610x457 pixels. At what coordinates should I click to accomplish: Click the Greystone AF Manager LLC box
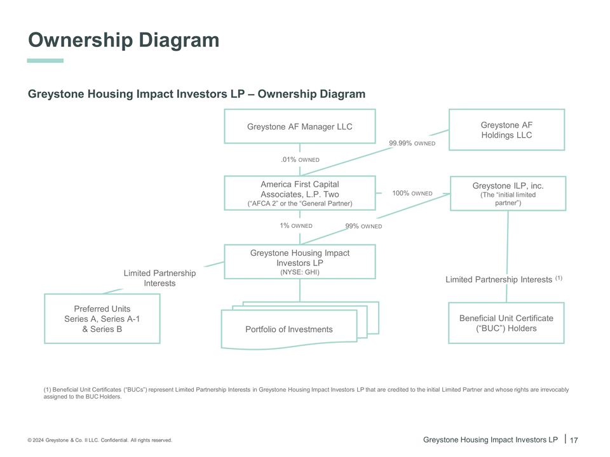click(x=299, y=126)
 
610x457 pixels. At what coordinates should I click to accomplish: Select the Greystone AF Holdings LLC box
click(x=506, y=130)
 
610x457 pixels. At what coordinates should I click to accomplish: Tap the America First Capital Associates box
click(x=299, y=193)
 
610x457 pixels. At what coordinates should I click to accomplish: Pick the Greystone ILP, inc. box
click(x=508, y=194)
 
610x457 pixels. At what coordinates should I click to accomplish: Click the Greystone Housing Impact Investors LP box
click(x=299, y=262)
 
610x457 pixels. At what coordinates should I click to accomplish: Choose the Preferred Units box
click(x=102, y=319)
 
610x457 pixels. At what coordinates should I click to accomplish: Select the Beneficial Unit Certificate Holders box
click(x=506, y=323)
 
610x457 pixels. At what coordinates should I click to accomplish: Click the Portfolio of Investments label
click(x=288, y=329)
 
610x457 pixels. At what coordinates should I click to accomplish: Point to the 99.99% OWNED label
click(x=412, y=143)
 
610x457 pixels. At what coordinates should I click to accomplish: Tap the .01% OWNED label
click(x=300, y=159)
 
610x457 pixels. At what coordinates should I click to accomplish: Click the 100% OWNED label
click(x=412, y=193)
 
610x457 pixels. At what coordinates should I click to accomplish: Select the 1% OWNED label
click(x=295, y=225)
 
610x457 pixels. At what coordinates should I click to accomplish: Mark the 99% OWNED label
click(x=363, y=226)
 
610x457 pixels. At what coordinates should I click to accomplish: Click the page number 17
click(x=573, y=440)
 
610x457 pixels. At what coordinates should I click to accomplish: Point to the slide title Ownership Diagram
click(x=123, y=40)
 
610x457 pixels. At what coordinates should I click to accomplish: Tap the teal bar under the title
click(x=45, y=61)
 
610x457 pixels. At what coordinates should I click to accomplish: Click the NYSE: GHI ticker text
click(x=299, y=272)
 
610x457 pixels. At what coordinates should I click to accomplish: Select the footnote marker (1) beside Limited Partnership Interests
click(x=559, y=277)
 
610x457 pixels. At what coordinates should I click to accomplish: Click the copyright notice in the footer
click(x=100, y=440)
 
